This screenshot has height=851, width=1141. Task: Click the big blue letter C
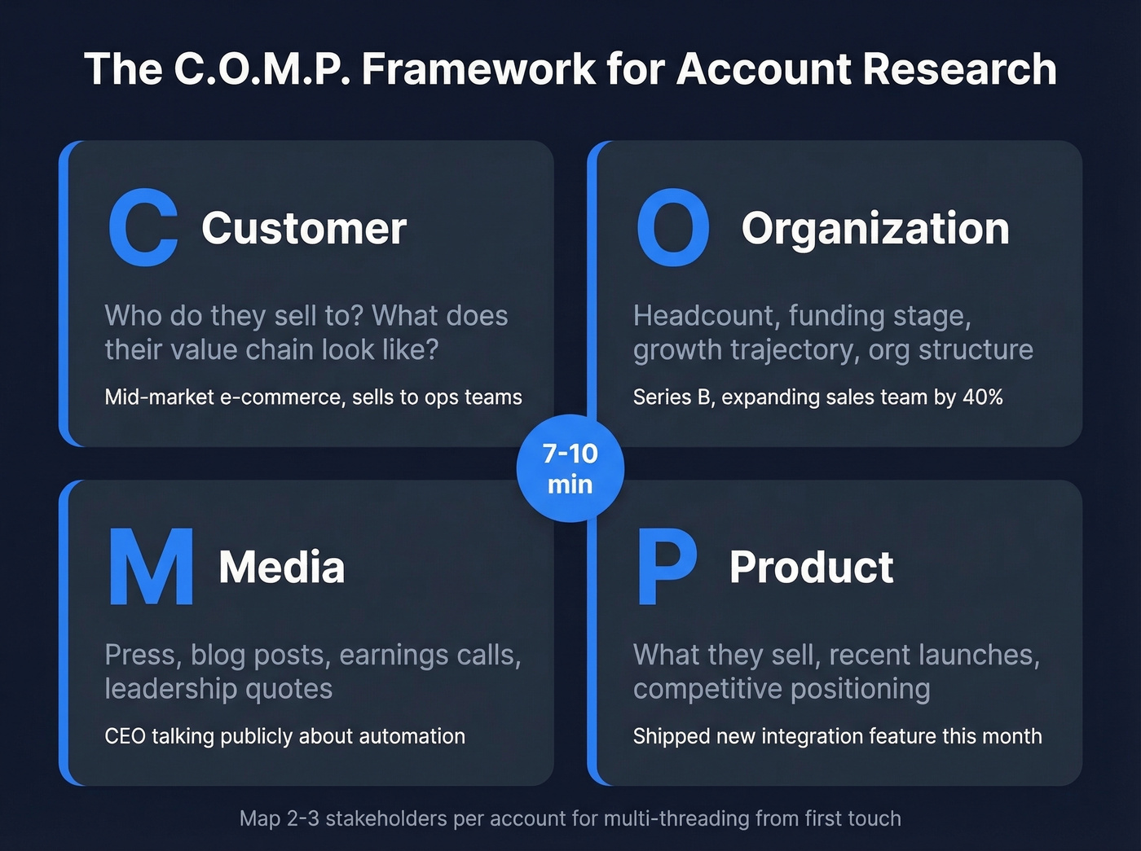point(143,228)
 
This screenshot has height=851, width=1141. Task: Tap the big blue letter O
point(672,228)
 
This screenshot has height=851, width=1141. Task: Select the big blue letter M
point(151,567)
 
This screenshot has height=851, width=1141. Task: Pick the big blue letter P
point(666,567)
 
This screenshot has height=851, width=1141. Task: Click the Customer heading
point(304,228)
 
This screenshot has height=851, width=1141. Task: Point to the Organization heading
point(874,228)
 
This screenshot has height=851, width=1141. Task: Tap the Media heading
point(281,567)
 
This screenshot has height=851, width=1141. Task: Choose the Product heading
point(811,567)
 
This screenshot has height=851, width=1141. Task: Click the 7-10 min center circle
point(570,469)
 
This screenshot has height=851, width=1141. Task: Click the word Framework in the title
point(478,68)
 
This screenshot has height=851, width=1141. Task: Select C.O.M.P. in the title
point(262,68)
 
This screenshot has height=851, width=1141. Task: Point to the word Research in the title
point(959,68)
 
